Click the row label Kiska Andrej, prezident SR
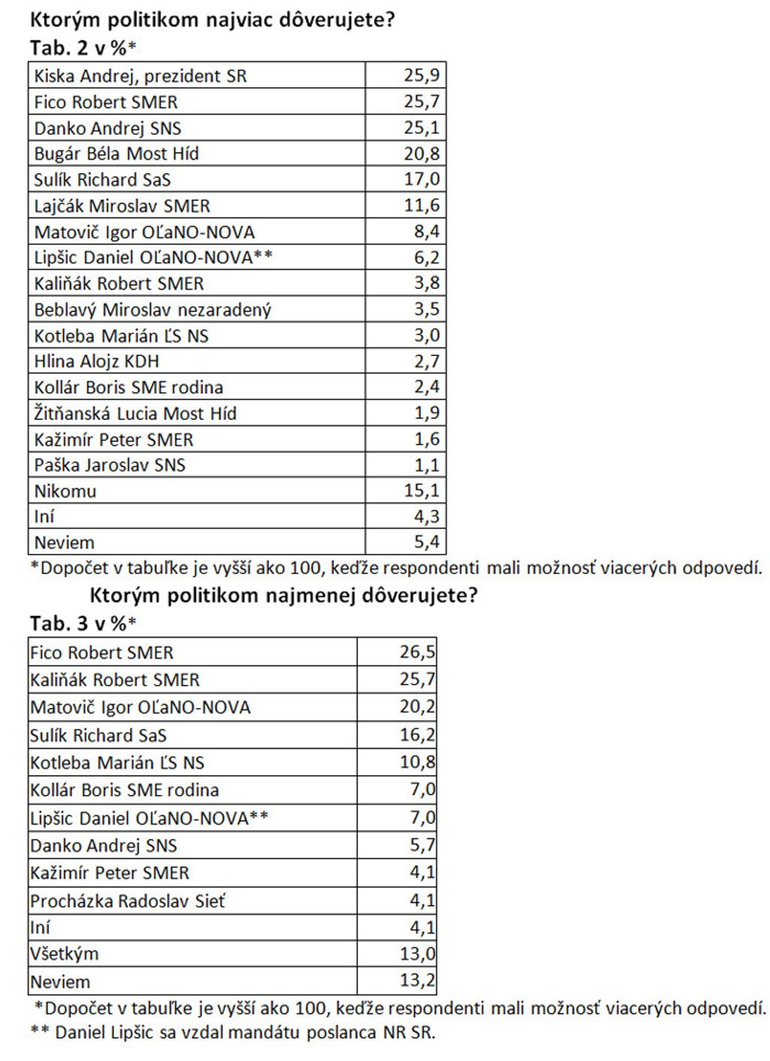[140, 76]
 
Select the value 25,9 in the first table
[421, 75]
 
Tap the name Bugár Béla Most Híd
[117, 154]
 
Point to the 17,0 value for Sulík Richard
[421, 179]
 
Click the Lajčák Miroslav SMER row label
[122, 206]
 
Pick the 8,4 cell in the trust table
[426, 231]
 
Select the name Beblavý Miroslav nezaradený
[153, 310]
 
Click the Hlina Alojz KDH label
[96, 362]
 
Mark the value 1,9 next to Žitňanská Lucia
[426, 413]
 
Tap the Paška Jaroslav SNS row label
[110, 466]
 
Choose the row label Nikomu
[65, 491]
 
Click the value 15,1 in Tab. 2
[421, 491]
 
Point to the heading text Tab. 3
[59, 624]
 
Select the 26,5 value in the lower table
[417, 652]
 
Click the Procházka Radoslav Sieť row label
[127, 901]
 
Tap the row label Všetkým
[64, 954]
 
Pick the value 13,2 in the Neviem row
[417, 981]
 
